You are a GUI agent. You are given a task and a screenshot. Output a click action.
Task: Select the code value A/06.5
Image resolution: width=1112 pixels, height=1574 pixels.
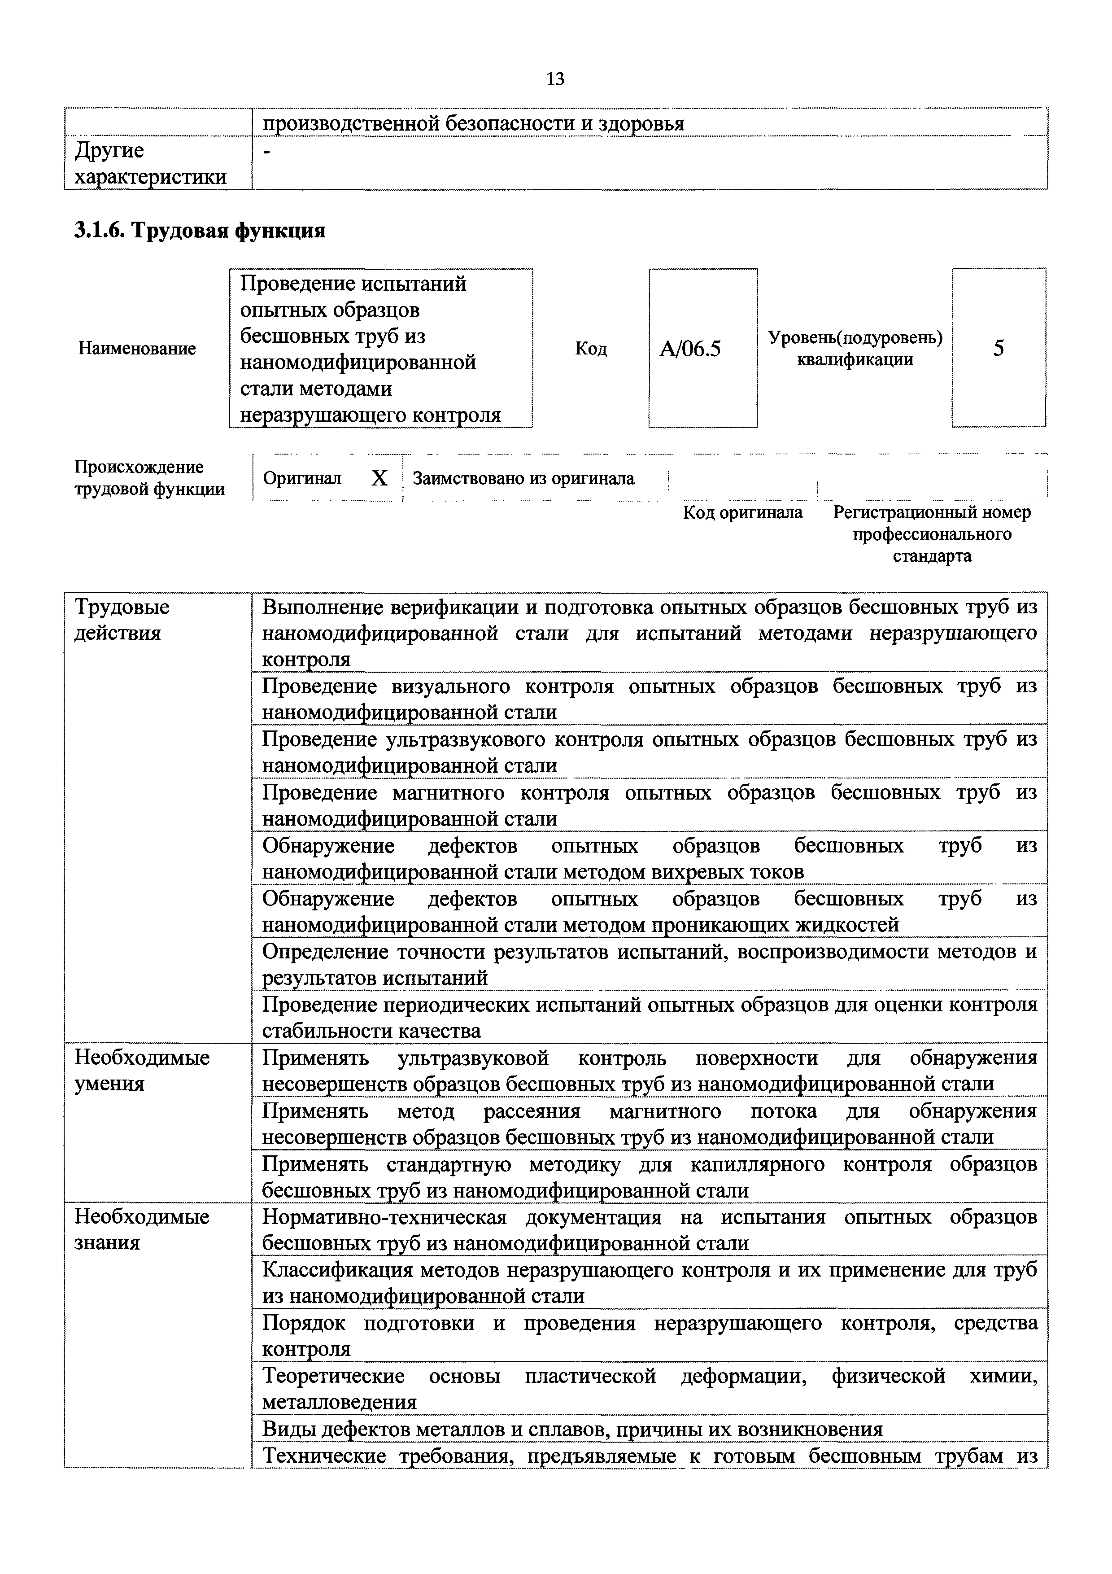pyautogui.click(x=690, y=350)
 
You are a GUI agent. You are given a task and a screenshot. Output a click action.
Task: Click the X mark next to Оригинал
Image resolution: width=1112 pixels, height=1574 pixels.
pyautogui.click(x=379, y=478)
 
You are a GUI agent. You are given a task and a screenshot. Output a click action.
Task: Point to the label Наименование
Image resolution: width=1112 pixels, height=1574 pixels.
pyautogui.click(x=137, y=348)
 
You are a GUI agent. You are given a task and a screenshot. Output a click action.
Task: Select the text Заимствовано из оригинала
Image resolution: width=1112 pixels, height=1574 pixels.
pyautogui.click(x=523, y=478)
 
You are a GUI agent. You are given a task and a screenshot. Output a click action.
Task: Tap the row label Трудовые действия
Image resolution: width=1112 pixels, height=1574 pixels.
pyautogui.click(x=122, y=620)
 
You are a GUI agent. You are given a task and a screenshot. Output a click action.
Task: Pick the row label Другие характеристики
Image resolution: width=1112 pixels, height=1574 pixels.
pyautogui.click(x=149, y=163)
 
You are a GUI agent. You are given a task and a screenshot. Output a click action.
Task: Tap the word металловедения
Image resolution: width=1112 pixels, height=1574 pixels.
pyautogui.click(x=339, y=1402)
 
